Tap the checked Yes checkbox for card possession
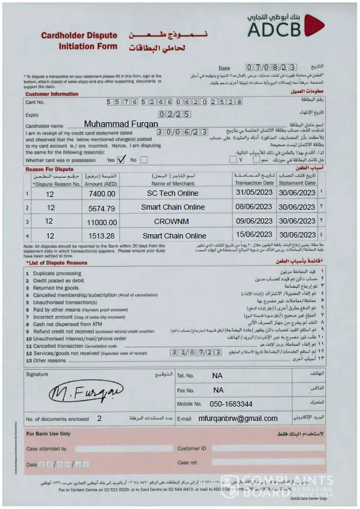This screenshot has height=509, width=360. click(x=121, y=159)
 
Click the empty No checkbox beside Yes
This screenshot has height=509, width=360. click(x=144, y=160)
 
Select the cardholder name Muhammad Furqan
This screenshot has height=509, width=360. click(x=121, y=124)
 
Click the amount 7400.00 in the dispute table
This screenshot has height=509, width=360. click(x=99, y=194)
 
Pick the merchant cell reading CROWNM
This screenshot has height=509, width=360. click(x=173, y=221)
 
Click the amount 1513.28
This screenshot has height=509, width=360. click(x=99, y=235)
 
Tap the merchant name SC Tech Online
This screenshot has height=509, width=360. click(x=173, y=193)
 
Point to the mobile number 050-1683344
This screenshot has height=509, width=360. click(x=231, y=404)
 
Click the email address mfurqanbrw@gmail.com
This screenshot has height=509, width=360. click(x=238, y=418)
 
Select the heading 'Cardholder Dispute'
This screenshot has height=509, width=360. click(x=79, y=36)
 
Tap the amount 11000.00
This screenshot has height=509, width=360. click(x=99, y=221)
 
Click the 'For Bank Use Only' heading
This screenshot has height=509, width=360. click(x=49, y=434)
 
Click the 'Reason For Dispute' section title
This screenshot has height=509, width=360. click(x=49, y=169)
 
